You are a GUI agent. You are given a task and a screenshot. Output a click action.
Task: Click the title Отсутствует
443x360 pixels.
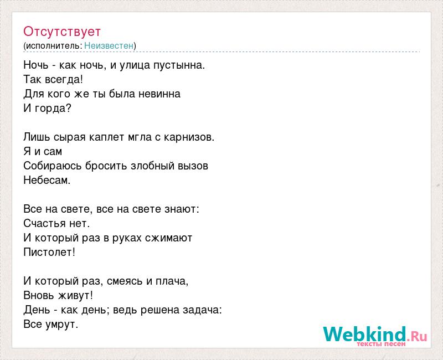click(x=62, y=32)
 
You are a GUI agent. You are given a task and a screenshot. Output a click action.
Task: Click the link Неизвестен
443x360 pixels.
click(x=109, y=46)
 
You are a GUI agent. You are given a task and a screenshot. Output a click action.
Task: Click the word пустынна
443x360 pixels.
click(x=179, y=65)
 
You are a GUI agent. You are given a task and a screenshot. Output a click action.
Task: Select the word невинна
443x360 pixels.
click(x=159, y=94)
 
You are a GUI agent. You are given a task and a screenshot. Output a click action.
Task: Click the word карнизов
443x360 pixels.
click(x=189, y=137)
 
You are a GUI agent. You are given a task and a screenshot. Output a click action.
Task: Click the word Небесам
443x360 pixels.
click(x=47, y=180)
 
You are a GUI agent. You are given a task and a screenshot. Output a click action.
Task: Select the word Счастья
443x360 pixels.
click(x=45, y=224)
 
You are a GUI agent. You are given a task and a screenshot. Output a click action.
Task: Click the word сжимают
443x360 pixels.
click(x=169, y=238)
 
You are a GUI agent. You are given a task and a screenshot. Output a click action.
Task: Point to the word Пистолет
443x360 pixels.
click(x=49, y=252)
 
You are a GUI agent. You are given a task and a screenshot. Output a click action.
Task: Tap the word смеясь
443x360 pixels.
click(x=125, y=281)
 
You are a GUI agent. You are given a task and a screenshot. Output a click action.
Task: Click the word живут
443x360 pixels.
click(x=75, y=296)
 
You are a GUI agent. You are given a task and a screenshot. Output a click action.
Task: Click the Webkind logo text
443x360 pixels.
click(x=365, y=334)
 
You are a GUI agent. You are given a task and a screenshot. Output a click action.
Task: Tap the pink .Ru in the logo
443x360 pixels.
click(x=417, y=336)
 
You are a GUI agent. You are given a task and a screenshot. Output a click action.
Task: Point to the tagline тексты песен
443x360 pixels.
click(x=381, y=344)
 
